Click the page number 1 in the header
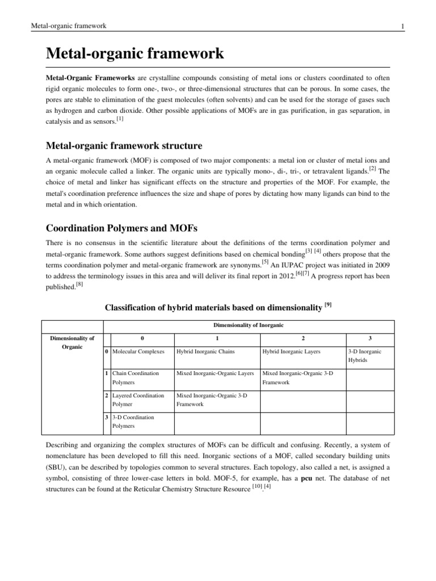[402, 27]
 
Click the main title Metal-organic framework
[135, 54]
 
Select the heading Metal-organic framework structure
[124, 146]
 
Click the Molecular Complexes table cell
[139, 352]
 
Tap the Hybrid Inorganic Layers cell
[291, 352]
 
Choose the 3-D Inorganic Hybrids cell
[364, 356]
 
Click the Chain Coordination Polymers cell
[136, 378]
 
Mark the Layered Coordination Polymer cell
[138, 399]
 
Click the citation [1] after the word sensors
[119, 118]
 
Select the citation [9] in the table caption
[328, 305]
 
